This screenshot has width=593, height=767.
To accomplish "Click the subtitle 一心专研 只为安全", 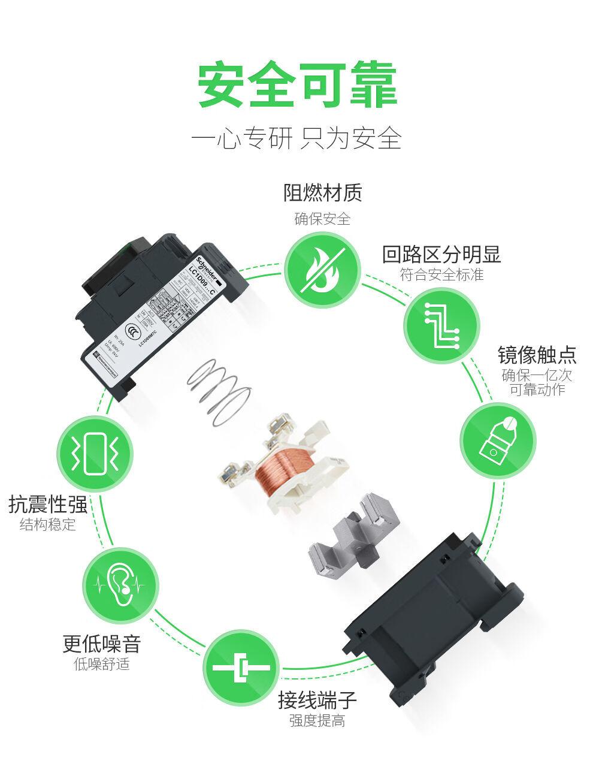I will point(296,138).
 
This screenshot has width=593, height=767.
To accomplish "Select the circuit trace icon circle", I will point(441,326).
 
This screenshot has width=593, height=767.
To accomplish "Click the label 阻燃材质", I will point(322,192).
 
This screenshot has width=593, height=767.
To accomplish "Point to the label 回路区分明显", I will point(441,254).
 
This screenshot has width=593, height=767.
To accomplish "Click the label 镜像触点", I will point(537,355).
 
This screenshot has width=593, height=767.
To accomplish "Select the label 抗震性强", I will point(48,505).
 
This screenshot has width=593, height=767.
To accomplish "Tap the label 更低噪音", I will point(102,644).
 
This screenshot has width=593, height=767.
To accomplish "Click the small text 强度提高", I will point(317,720).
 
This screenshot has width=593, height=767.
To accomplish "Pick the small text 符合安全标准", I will point(441,275).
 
